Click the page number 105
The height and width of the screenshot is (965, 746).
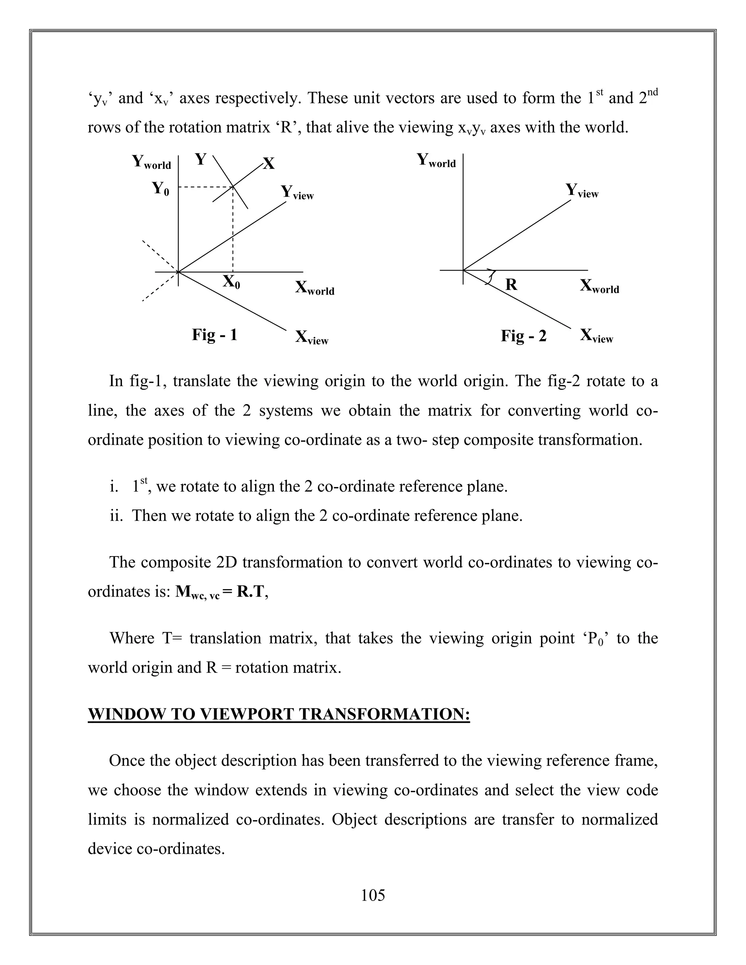(373, 896)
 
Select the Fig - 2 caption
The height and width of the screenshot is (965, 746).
(523, 336)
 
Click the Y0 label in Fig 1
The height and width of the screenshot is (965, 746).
(160, 189)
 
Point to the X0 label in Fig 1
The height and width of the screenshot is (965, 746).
(231, 281)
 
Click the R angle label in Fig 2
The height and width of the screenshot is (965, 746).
(511, 284)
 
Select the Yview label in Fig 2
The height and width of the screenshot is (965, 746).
(582, 191)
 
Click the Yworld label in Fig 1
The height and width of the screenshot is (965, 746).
(151, 162)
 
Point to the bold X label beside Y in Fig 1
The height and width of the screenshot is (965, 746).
(269, 164)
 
